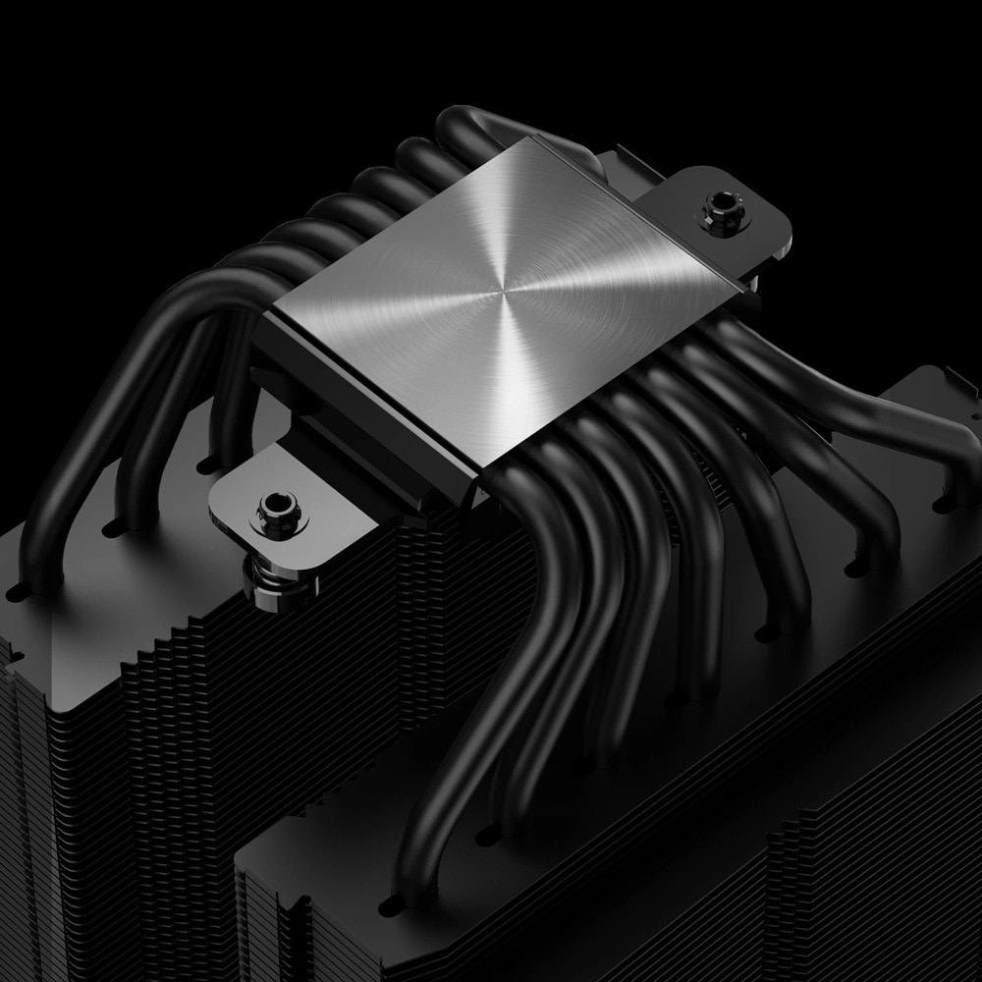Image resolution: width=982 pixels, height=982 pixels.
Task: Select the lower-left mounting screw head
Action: [273, 509]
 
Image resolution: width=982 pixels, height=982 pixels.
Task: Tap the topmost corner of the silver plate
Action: [531, 136]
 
